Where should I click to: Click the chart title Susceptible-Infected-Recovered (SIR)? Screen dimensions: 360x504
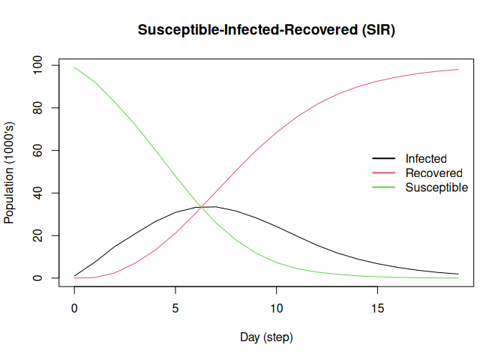pyautogui.click(x=266, y=30)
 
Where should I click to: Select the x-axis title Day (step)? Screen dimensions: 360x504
pyautogui.click(x=266, y=337)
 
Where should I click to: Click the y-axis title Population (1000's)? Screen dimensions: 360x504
pyautogui.click(x=10, y=172)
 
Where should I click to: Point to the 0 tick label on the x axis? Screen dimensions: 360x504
pyautogui.click(x=74, y=308)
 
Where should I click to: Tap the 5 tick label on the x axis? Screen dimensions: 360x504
pyautogui.click(x=175, y=308)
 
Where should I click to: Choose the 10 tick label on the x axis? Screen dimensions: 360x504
pyautogui.click(x=277, y=308)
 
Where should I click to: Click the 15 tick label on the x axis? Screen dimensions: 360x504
pyautogui.click(x=377, y=308)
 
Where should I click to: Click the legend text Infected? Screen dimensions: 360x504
pyautogui.click(x=426, y=159)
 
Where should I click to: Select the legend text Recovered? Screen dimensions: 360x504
pyautogui.click(x=433, y=173)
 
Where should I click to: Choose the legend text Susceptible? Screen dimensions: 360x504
pyautogui.click(x=436, y=187)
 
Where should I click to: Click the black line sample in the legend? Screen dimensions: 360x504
pyautogui.click(x=384, y=159)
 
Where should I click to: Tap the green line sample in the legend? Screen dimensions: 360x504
pyautogui.click(x=384, y=187)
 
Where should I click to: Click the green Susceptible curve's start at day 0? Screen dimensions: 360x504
pyautogui.click(x=74, y=67)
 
